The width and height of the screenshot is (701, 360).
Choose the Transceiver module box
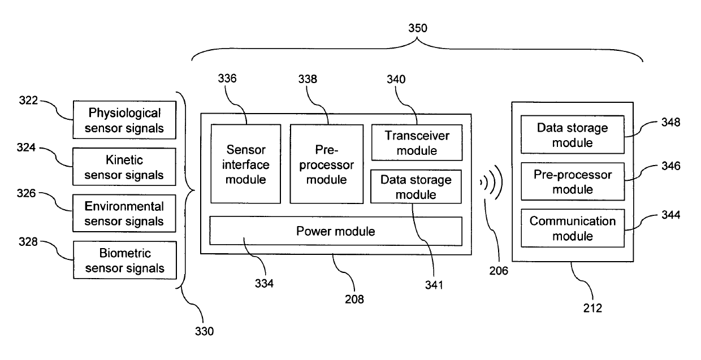coord(416,143)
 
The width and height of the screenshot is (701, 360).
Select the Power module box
coord(336,231)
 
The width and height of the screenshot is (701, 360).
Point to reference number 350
coord(418,27)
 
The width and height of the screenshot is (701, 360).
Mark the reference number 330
coord(204,331)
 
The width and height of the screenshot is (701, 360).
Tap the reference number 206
coord(498,271)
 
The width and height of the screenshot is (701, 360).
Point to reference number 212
coord(592,309)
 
